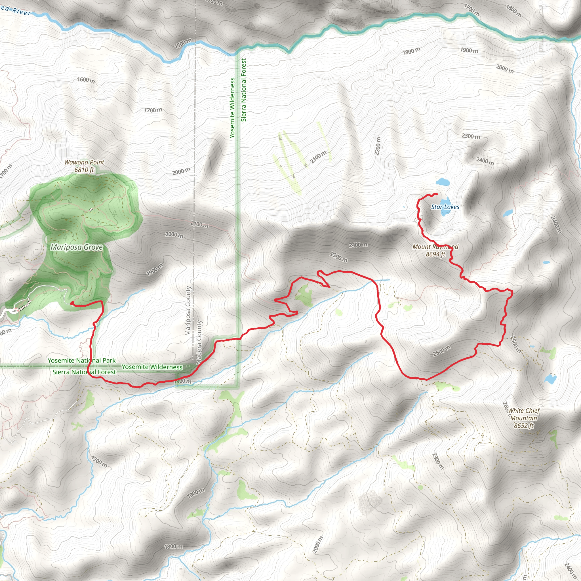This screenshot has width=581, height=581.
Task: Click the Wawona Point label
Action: click(x=84, y=162)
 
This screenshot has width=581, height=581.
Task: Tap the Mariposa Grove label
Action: click(x=77, y=247)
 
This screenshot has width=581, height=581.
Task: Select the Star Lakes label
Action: click(x=445, y=207)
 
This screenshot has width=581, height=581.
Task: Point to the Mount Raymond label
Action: click(x=435, y=247)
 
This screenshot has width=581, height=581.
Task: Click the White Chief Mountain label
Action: click(x=524, y=414)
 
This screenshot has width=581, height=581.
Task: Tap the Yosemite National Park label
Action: click(x=81, y=360)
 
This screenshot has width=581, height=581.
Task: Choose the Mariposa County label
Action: click(x=188, y=311)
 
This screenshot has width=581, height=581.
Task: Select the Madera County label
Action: click(x=199, y=343)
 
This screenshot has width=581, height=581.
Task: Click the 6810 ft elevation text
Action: click(x=84, y=170)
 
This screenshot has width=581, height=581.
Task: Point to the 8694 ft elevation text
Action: click(x=435, y=254)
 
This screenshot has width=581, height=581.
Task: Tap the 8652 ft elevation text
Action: click(x=524, y=426)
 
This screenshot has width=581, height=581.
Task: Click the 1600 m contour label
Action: click(x=86, y=80)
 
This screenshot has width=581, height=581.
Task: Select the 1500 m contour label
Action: click(x=182, y=44)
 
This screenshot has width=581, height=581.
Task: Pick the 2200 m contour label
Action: click(x=378, y=146)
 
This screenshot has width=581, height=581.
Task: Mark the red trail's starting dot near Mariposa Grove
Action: click(x=71, y=304)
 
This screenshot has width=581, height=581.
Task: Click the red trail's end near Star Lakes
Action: click(x=436, y=194)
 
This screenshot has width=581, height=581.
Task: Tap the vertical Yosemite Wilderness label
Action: click(x=232, y=108)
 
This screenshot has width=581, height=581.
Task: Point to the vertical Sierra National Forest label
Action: click(x=244, y=90)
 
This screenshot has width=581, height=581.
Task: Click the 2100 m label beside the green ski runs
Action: click(x=318, y=157)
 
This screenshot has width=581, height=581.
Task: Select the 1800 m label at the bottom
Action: click(x=173, y=546)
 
